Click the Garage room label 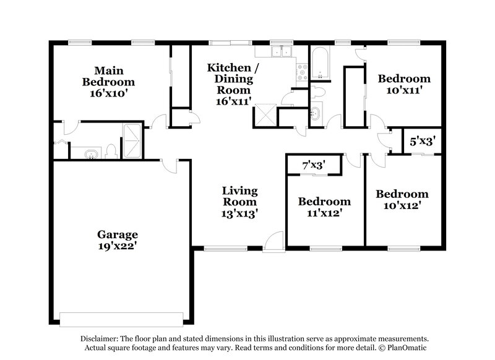pos(118,234)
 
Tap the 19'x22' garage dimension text pos(118,246)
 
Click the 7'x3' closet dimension pos(313,165)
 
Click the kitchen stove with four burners pos(302,73)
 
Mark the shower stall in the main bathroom pos(131,141)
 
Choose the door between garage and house pos(169,164)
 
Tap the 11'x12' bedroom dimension pos(324,213)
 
